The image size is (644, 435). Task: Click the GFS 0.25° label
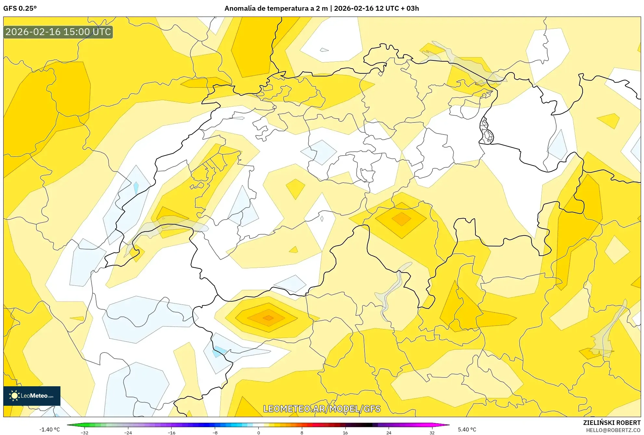pos(20,8)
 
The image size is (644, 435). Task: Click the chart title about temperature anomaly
pos(321,8)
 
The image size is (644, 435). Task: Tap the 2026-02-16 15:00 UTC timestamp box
pos(58,32)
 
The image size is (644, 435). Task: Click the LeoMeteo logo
pos(32,396)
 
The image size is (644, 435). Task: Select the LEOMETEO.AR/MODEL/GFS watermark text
pos(321,409)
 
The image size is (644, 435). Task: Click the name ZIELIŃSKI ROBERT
pos(612,423)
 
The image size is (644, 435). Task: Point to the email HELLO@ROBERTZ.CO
pos(613,430)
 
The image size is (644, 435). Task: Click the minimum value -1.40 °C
pos(50,429)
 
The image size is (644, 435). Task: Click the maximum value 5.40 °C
pos(467,429)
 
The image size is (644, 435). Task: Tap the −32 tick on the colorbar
pos(84,433)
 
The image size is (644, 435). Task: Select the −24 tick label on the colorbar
pos(128,433)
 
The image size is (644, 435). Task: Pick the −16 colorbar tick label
pos(172,433)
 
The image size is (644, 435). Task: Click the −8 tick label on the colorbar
pos(215,433)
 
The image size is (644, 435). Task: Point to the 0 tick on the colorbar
pos(259,433)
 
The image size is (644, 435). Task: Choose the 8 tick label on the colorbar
pos(302,433)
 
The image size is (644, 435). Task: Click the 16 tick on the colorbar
pos(345,433)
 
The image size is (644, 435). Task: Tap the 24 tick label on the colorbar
pos(389,433)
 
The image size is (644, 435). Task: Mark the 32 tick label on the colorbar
pos(432,433)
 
